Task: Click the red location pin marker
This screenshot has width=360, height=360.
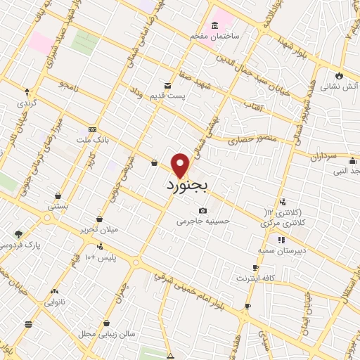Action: coord(181,165)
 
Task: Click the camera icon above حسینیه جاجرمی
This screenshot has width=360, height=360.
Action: coord(202,210)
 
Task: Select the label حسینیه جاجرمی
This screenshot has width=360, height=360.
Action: coord(202,221)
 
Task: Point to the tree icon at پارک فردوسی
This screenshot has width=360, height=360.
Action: coord(18,234)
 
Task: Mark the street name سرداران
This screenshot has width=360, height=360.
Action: coord(323,154)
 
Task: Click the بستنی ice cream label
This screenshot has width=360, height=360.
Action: coord(58,207)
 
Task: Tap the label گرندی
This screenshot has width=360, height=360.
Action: coord(28,102)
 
